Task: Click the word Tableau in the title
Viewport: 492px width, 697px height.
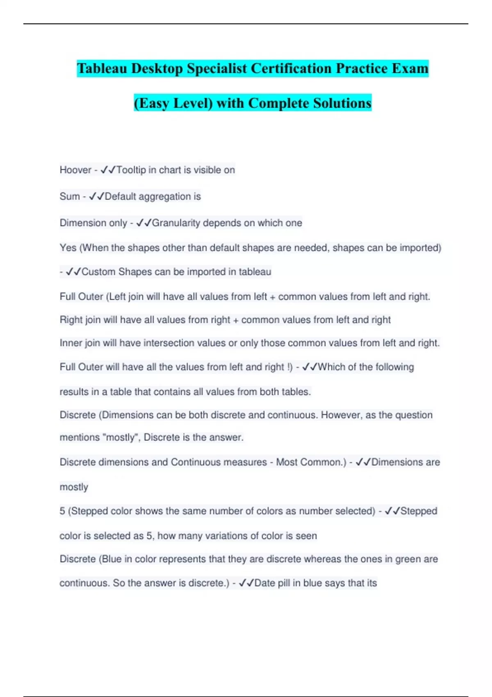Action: coord(102,68)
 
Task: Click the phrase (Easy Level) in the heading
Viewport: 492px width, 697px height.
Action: coord(173,103)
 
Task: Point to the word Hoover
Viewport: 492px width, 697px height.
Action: coord(75,170)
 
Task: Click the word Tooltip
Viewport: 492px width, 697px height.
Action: coord(131,170)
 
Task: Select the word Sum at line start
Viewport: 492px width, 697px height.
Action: coord(70,196)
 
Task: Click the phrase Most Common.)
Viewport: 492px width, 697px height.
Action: coord(311,462)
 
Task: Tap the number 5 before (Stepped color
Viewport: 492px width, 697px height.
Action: coord(62,511)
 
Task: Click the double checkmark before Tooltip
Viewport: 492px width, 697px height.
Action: coord(108,170)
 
